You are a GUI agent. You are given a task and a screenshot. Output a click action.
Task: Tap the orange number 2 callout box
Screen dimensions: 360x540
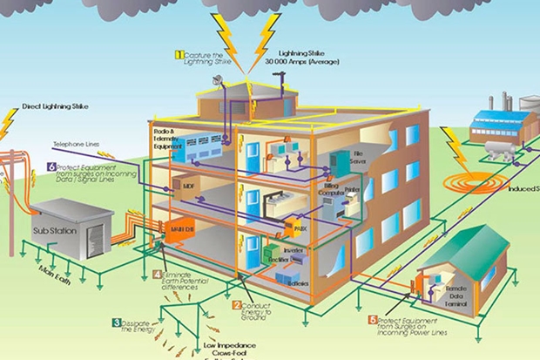(236, 305)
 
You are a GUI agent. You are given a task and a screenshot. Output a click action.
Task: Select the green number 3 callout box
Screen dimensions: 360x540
(116, 323)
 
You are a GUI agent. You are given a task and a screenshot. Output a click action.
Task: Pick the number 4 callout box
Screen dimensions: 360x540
(158, 275)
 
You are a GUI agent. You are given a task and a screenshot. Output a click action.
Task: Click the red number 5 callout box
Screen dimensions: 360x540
(373, 320)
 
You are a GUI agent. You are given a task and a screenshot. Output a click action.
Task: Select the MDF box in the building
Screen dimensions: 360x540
(188, 186)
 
